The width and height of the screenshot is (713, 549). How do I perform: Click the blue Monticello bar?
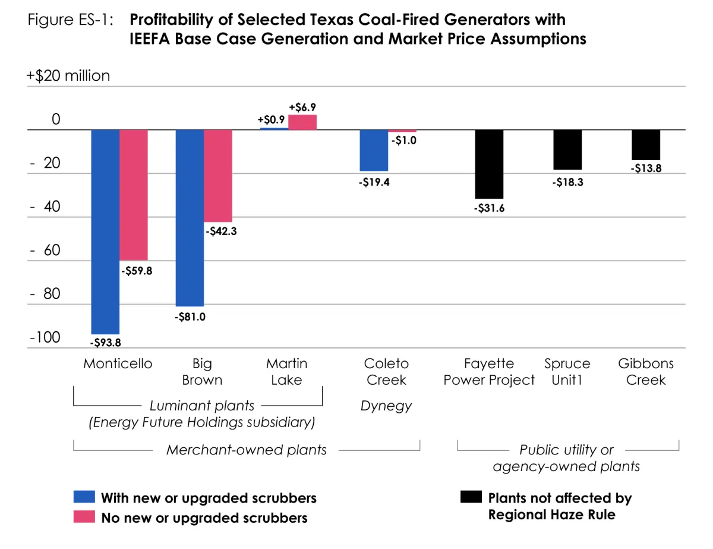(105, 231)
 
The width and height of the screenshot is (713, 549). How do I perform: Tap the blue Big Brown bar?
(190, 218)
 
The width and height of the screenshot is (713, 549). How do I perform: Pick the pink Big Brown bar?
(218, 175)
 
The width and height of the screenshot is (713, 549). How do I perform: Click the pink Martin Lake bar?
(302, 122)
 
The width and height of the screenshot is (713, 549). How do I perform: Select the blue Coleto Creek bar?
(374, 150)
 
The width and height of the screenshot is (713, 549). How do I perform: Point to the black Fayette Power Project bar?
(490, 164)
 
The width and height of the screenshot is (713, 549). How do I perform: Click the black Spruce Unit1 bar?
(567, 150)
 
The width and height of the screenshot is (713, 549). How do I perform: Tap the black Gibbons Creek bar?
(646, 145)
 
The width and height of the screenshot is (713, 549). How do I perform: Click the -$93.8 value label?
(105, 343)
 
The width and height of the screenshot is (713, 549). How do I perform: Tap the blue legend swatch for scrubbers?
(84, 497)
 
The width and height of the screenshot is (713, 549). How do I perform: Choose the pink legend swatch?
(84, 517)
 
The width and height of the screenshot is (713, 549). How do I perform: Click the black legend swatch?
(471, 497)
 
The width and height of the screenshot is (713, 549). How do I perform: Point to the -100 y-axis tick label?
(45, 338)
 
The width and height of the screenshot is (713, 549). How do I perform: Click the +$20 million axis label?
(68, 76)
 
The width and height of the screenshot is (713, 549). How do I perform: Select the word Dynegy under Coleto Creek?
(386, 406)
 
